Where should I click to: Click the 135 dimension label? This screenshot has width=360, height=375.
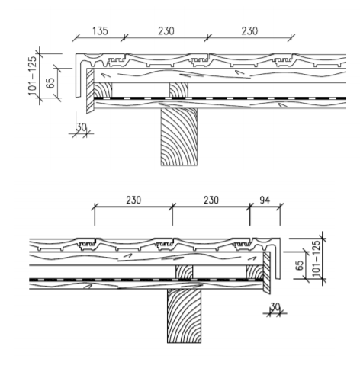coord(100,31)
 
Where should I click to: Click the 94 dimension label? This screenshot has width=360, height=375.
coord(265,200)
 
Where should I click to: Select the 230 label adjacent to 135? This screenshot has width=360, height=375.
coord(166,31)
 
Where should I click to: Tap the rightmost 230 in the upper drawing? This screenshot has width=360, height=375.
coord(249,31)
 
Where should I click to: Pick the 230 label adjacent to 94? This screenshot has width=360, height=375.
coord(211,200)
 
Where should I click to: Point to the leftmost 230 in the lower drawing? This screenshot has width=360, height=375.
coord(133,200)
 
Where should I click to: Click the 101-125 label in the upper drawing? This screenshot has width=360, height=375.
coord(32,75)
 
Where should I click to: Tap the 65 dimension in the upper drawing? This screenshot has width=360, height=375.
coord(51,82)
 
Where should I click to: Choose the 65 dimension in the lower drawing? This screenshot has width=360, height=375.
coord(300,265)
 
